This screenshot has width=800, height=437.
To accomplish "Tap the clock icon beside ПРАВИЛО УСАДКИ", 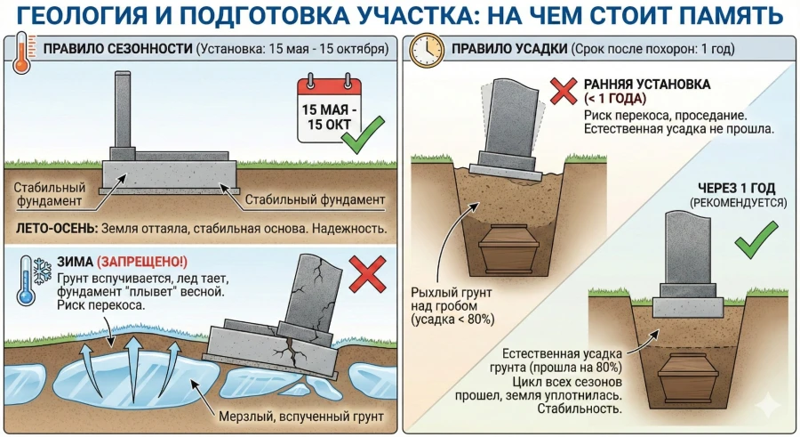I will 421,51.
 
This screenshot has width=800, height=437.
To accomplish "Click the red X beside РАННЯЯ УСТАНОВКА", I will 564,92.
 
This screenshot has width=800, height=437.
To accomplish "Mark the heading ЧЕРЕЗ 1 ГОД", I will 738,189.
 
